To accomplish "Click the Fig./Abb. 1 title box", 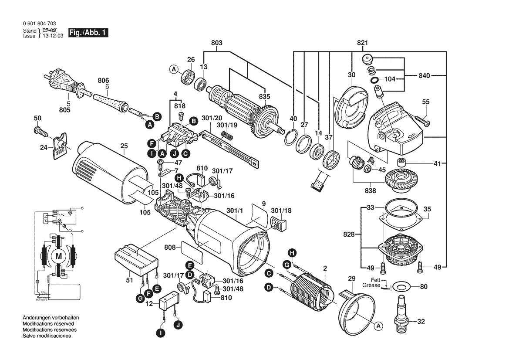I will coord(88,33).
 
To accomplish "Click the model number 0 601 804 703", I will coord(39,24).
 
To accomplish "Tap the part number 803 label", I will coord(216,43).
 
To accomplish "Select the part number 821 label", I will coord(362,43).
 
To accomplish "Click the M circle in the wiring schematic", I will coord(58,256).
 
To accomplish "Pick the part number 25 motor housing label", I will coord(124,146).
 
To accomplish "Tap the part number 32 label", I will coord(421,322).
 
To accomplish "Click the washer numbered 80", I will coord(400,287).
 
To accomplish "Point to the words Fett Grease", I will coord(372,282).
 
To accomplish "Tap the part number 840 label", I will coord(425,75).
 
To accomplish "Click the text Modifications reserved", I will coord(48,324).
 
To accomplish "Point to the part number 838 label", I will coord(370,191).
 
